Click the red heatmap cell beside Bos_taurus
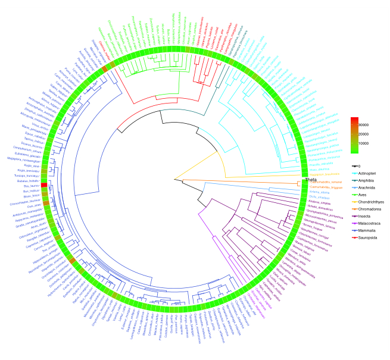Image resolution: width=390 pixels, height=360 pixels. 43,186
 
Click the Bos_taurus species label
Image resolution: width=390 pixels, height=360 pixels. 30,185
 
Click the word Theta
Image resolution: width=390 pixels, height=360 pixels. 310,180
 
